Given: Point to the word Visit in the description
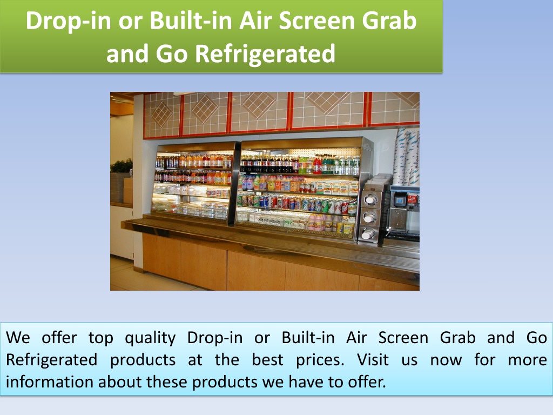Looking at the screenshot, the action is (373, 360).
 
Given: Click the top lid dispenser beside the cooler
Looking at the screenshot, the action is (370, 200).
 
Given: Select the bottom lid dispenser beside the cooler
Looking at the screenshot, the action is (368, 233).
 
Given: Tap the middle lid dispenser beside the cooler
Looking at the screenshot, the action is (369, 217).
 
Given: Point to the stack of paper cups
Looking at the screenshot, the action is (407, 157).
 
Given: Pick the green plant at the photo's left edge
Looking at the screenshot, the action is (122, 166).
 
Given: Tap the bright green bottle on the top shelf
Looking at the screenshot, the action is (302, 165).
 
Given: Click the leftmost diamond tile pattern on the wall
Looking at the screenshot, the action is (162, 114).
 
